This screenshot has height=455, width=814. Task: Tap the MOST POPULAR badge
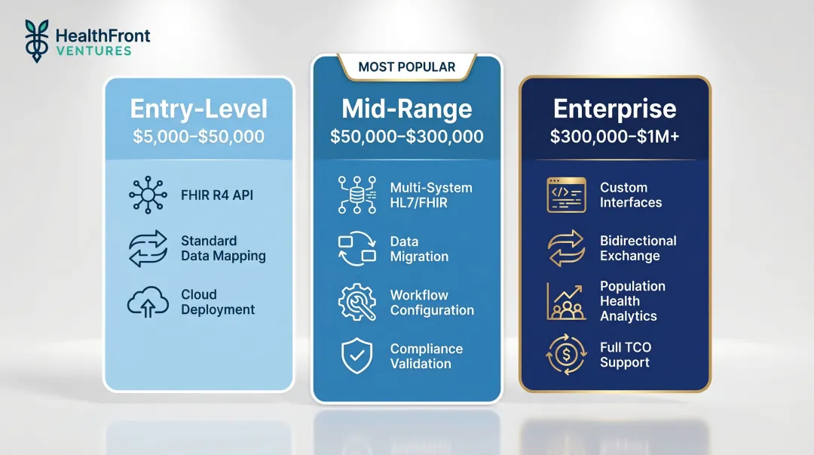(x=407, y=67)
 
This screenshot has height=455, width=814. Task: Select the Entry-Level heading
(x=198, y=109)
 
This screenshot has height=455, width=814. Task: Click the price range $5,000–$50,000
(x=198, y=137)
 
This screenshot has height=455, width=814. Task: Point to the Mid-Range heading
(x=407, y=109)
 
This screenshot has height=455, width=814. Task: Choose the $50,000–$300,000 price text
(x=407, y=137)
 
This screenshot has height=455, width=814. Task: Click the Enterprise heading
(x=615, y=109)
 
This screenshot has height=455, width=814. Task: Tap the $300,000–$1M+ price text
(x=615, y=137)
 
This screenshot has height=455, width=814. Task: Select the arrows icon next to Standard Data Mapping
(x=148, y=249)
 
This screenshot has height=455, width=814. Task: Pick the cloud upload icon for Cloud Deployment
(x=148, y=302)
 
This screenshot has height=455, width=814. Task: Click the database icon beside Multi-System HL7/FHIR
(x=357, y=195)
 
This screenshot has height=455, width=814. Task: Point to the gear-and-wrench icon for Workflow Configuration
(x=357, y=303)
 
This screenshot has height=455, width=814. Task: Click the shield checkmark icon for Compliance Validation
(x=357, y=356)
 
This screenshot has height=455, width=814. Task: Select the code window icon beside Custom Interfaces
(x=566, y=195)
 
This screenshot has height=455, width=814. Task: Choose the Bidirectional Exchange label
(x=638, y=248)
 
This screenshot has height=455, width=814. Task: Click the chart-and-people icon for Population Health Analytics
(x=566, y=301)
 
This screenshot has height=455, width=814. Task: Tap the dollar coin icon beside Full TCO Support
(x=566, y=355)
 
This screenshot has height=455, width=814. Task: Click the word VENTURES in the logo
(x=93, y=51)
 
